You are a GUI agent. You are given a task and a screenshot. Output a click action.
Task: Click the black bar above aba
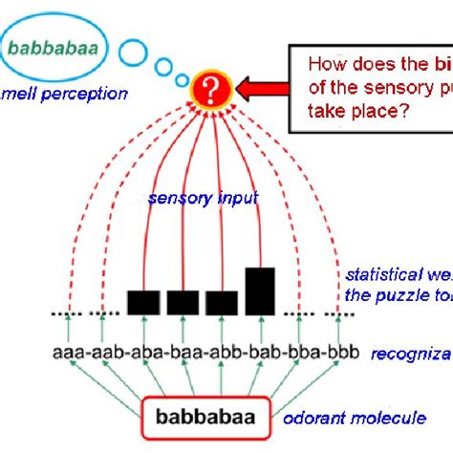pos(143,302)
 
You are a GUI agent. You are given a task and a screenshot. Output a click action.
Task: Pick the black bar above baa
pos(183,302)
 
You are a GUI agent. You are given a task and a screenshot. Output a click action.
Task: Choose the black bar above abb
pos(222,302)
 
